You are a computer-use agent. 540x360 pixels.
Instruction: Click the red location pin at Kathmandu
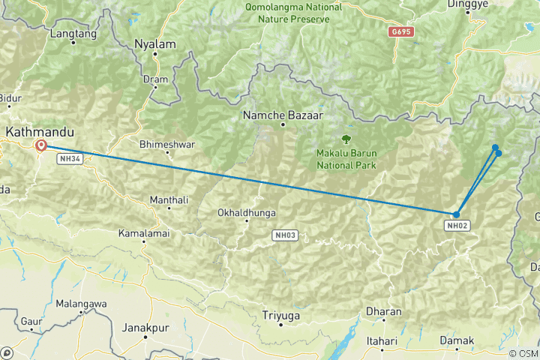pyautogui.click(x=40, y=145)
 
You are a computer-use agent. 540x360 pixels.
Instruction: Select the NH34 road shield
pyautogui.click(x=70, y=159)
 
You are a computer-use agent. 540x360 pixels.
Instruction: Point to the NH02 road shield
pyautogui.click(x=457, y=225)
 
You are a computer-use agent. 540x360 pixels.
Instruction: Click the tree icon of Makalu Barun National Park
pyautogui.click(x=346, y=139)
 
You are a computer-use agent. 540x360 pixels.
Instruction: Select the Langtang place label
pyautogui.click(x=73, y=34)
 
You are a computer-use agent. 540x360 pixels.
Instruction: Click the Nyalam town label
pyautogui.click(x=154, y=44)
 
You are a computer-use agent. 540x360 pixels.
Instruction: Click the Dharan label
pyautogui.click(x=383, y=311)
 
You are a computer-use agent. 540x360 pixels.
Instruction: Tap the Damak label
pyautogui.click(x=457, y=341)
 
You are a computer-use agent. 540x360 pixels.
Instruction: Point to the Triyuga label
pyautogui.click(x=281, y=316)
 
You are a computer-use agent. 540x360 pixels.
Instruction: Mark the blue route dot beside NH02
pyautogui.click(x=456, y=214)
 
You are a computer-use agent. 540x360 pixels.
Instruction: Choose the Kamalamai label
pyautogui.click(x=143, y=234)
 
